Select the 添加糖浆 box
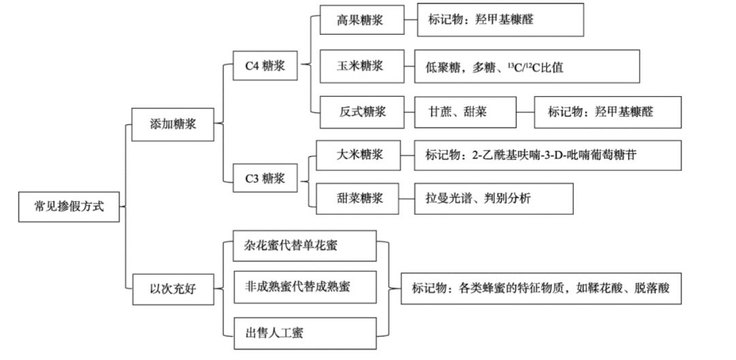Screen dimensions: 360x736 [x=173, y=124]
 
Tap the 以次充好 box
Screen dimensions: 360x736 [x=173, y=288]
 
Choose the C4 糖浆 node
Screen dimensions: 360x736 [x=265, y=66]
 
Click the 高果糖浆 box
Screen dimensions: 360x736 [x=360, y=20]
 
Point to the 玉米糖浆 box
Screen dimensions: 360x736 [x=360, y=66]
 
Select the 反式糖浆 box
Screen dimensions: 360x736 [x=360, y=112]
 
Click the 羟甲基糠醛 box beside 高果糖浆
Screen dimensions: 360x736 [x=500, y=20]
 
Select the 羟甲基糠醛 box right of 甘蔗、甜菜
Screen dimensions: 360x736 [x=607, y=112]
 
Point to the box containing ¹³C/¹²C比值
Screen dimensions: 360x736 [x=527, y=67]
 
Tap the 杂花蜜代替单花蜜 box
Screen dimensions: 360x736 [x=304, y=245]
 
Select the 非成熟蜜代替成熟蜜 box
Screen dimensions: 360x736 [x=304, y=288]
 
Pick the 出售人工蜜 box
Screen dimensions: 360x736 [x=304, y=333]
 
